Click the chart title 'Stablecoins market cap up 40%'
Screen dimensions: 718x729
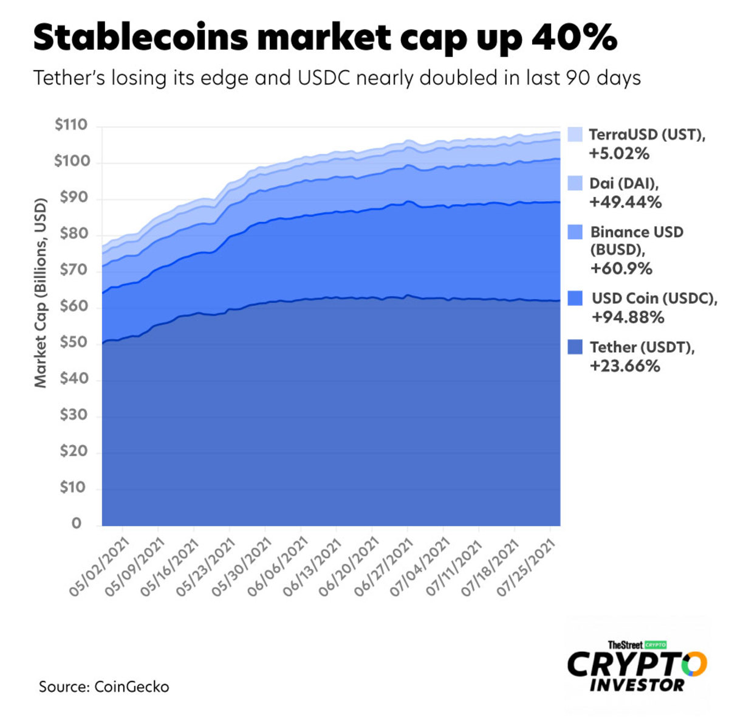click(x=325, y=38)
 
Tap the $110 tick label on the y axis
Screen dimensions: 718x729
click(x=71, y=125)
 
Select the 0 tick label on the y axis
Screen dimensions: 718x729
click(x=77, y=523)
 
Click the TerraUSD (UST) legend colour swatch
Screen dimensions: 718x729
click(x=575, y=134)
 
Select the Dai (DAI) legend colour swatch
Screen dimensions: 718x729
click(x=575, y=183)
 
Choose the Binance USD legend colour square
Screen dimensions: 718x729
click(x=575, y=232)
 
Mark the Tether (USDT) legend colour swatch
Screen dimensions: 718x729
click(x=575, y=347)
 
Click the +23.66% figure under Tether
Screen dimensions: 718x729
click(x=625, y=366)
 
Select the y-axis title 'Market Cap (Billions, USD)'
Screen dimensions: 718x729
click(x=40, y=292)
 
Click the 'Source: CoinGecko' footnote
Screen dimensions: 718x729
click(x=104, y=687)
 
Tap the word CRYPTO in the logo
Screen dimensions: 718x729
click(x=637, y=664)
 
